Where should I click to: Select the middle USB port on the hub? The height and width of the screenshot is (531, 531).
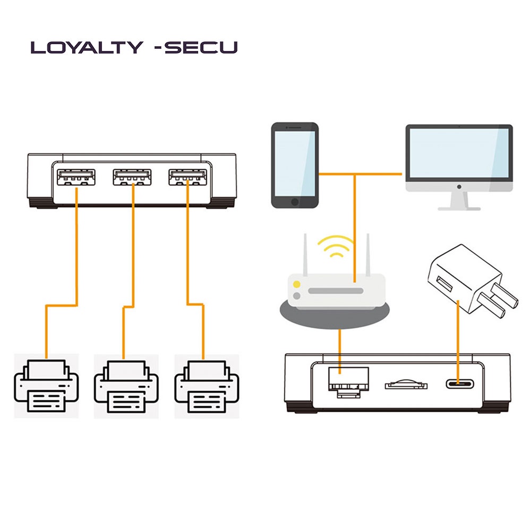pos(132,177)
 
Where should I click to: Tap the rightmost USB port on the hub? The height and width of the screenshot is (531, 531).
pos(187,177)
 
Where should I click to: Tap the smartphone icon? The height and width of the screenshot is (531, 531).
pos(295,165)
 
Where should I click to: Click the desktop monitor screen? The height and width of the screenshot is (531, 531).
pos(459,154)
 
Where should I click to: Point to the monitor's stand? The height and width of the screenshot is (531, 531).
pos(459,201)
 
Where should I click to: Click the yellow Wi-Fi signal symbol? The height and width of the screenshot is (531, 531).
pos(335,247)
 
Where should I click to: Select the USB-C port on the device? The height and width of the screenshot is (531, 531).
pos(458,383)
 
